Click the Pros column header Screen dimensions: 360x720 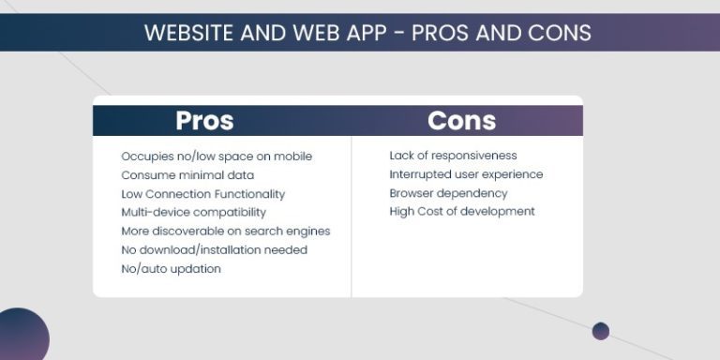204,121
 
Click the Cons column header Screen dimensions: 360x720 461,121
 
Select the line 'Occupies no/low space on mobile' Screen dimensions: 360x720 217,156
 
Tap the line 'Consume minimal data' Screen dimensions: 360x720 187,174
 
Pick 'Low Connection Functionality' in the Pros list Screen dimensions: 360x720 202,193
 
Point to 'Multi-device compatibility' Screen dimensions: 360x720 193,212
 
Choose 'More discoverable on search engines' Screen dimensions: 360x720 225,231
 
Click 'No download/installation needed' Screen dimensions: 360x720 214,249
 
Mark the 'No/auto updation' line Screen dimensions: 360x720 171,268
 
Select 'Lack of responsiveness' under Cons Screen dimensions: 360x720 453,156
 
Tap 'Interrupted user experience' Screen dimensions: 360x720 466,174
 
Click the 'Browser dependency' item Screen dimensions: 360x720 448,193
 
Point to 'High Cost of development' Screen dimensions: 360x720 462,212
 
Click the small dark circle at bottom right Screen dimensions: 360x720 601,331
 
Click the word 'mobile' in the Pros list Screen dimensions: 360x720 292,156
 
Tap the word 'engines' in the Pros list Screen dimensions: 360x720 307,231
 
